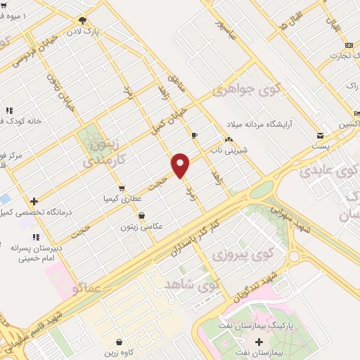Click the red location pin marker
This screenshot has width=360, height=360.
pyautogui.click(x=181, y=165)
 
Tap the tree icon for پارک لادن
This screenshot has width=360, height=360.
pyautogui.click(x=83, y=20)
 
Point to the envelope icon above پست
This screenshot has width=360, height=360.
pyautogui.click(x=321, y=135)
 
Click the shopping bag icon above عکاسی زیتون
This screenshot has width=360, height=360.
pyautogui.click(x=142, y=216)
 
